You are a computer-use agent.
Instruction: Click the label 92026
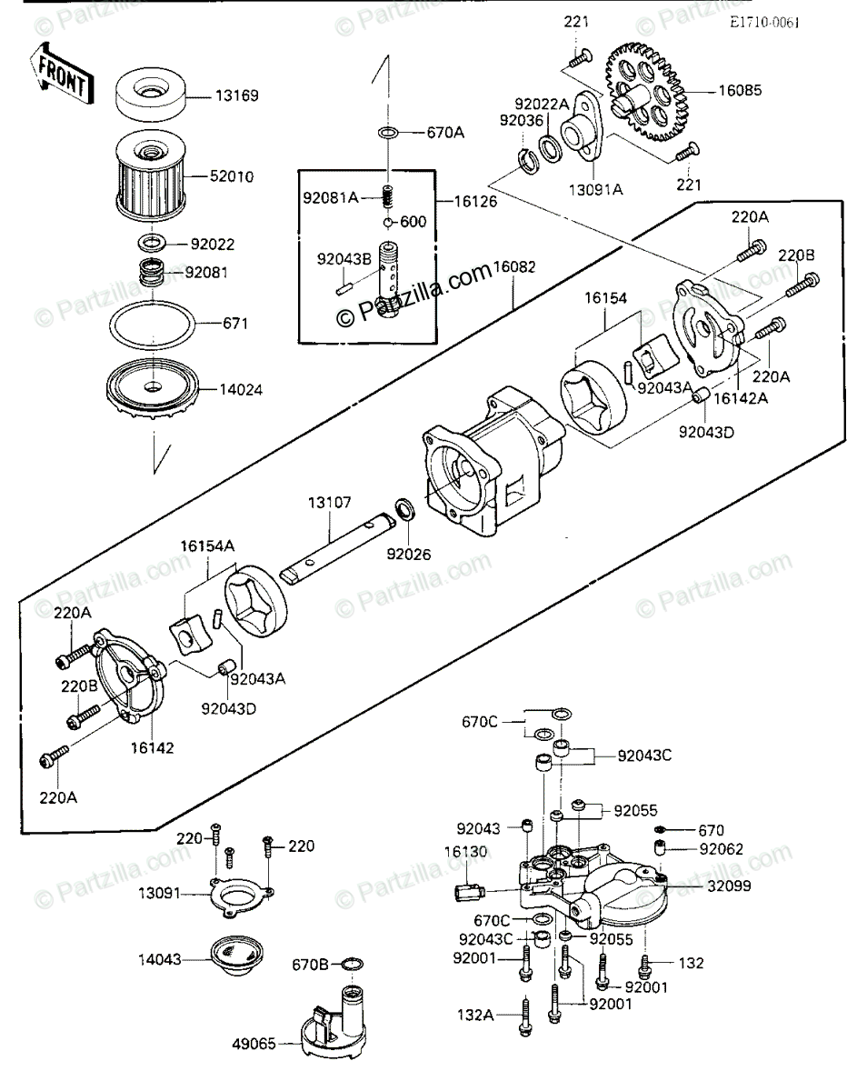(x=408, y=554)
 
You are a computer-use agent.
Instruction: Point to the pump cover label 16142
(x=152, y=747)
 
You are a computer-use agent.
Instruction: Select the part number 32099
(x=725, y=885)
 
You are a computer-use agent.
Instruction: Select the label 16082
(x=513, y=267)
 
